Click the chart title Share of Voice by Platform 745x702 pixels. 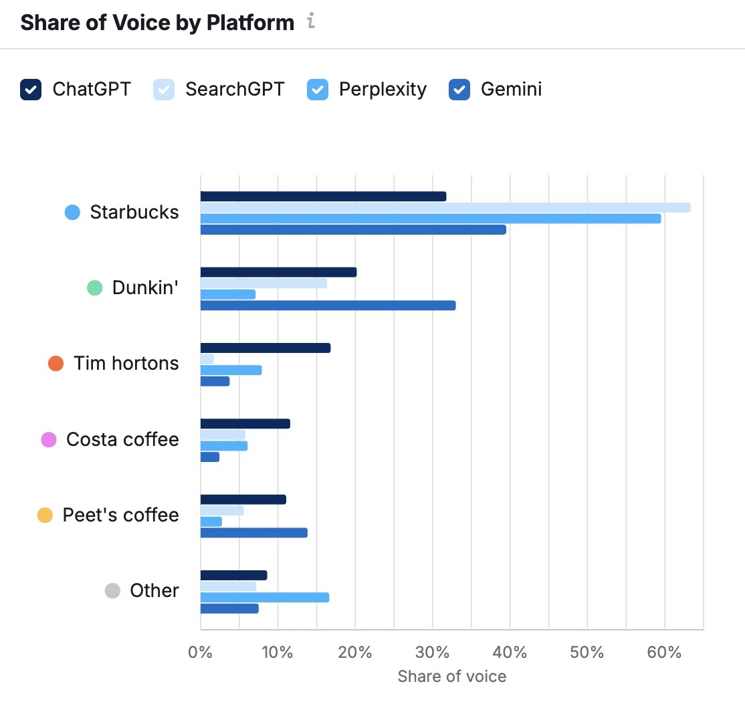click(x=157, y=23)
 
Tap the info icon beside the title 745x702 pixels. click(x=311, y=22)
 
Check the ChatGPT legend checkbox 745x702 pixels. click(x=31, y=89)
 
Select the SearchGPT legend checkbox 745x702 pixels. click(x=164, y=89)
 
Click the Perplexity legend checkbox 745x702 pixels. click(x=318, y=89)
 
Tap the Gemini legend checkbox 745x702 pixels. click(x=459, y=89)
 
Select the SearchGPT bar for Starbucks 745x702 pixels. click(x=445, y=207)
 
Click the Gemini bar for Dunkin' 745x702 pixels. click(x=328, y=306)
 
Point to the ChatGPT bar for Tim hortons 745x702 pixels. click(x=265, y=348)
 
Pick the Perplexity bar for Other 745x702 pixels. click(x=265, y=598)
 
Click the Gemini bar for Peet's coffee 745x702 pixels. click(x=254, y=533)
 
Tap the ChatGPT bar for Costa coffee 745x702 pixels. click(x=245, y=423)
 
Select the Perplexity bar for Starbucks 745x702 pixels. click(x=431, y=219)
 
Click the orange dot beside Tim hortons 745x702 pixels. click(x=56, y=364)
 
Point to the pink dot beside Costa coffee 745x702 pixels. click(x=49, y=439)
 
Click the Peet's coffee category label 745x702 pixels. click(x=120, y=515)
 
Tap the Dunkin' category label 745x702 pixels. click(x=145, y=287)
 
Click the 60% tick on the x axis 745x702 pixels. click(x=664, y=653)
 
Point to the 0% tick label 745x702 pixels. click(x=200, y=653)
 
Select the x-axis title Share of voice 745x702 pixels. click(x=451, y=676)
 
